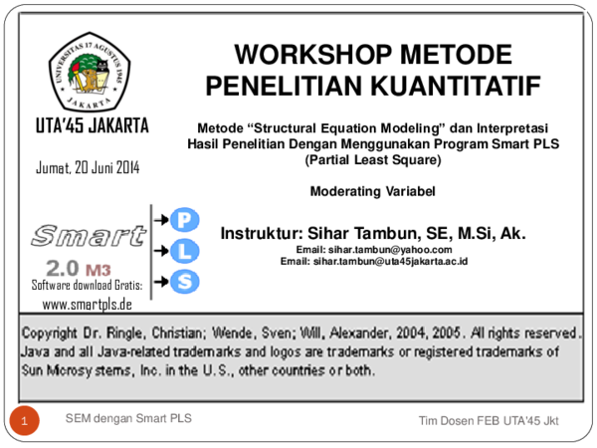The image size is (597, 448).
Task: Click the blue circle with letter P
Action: click(x=184, y=219)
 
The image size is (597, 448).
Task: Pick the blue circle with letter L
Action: click(x=184, y=250)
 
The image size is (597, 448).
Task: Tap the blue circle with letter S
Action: click(x=184, y=281)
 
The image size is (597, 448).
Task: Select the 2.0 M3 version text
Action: click(x=78, y=268)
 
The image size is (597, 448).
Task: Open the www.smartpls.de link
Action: click(x=88, y=304)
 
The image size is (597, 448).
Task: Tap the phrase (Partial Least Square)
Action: click(x=373, y=157)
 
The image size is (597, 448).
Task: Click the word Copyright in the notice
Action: click(x=56, y=332)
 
